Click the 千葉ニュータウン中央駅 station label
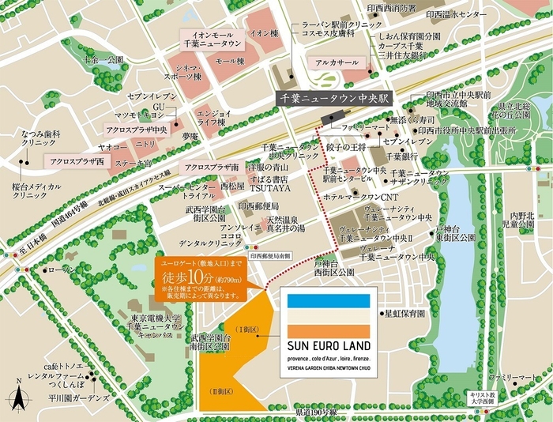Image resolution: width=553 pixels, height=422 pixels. [x=337, y=100]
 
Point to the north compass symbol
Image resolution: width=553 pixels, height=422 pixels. [x=18, y=393]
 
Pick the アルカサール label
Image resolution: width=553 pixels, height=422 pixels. [x=337, y=62]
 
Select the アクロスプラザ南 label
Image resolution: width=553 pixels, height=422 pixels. [x=212, y=168]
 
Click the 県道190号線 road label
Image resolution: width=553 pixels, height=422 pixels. [x=316, y=413]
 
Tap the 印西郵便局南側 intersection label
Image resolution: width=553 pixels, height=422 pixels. [x=269, y=256]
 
